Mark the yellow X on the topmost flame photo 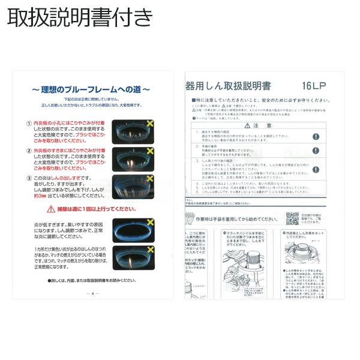(x=149, y=122)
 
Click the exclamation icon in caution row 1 (x=316, y=136)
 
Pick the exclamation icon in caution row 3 (x=316, y=169)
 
